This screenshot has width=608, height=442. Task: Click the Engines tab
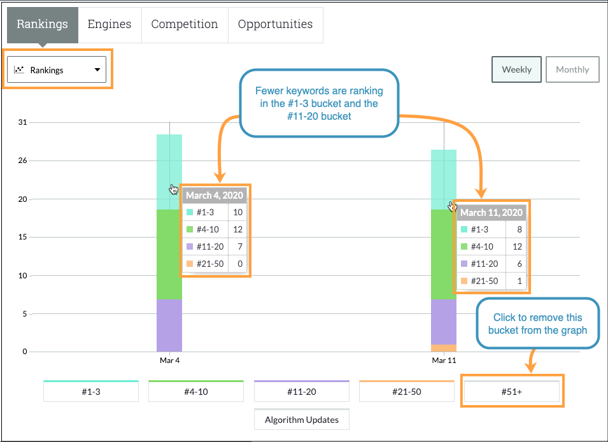(x=110, y=25)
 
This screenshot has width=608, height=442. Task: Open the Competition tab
(x=185, y=25)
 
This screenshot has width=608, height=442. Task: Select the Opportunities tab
(x=275, y=25)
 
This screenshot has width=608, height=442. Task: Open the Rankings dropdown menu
(x=58, y=70)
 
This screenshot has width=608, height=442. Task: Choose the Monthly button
(x=572, y=70)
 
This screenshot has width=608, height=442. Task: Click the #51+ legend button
(x=512, y=392)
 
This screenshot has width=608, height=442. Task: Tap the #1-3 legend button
(x=90, y=392)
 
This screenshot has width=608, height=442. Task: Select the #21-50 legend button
(x=406, y=392)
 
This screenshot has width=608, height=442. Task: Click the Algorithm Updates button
(x=302, y=420)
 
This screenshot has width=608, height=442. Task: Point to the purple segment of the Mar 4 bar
(x=169, y=325)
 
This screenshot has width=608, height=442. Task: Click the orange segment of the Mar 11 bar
(x=444, y=348)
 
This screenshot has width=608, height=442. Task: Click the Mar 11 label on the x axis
(x=444, y=360)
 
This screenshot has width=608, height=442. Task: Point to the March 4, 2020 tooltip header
(x=215, y=196)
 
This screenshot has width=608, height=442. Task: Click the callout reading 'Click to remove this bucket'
(x=538, y=324)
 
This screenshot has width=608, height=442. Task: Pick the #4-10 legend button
(x=196, y=392)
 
